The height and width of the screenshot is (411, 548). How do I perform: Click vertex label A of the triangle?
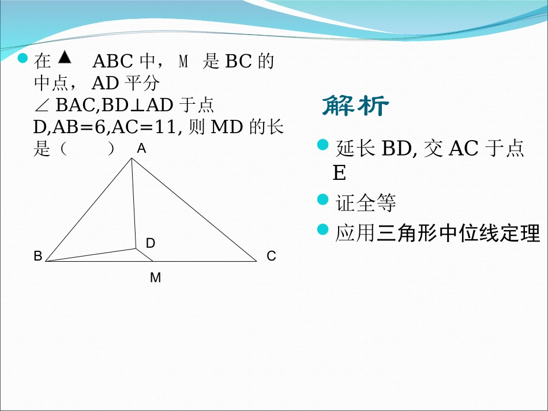[141, 149]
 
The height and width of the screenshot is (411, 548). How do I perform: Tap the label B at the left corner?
[37, 256]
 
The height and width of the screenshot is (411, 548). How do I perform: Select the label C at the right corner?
[271, 256]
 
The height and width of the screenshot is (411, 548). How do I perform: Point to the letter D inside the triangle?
[151, 243]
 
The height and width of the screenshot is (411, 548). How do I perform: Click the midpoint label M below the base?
[156, 278]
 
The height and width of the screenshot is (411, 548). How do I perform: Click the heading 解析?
[355, 105]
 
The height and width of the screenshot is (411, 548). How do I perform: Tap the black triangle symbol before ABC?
[65, 57]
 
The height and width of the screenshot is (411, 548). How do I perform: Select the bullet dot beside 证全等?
[322, 199]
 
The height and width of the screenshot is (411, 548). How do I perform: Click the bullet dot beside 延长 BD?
[322, 145]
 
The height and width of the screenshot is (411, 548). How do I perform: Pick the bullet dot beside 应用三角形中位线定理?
[322, 229]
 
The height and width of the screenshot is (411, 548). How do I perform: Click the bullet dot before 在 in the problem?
[22, 58]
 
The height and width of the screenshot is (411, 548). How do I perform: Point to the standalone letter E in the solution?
[339, 172]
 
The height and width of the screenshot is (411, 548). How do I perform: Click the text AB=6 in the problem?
[80, 127]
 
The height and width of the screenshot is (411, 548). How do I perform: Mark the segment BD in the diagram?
[91, 255]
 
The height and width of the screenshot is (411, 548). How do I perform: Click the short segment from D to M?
[144, 255]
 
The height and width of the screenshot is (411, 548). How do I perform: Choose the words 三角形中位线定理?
[458, 233]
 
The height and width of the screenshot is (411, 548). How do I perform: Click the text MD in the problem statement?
[227, 127]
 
